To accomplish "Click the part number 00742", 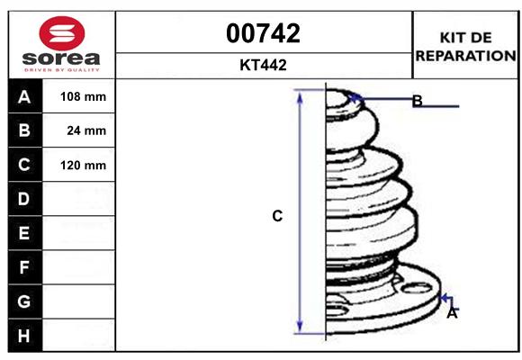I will [264, 33].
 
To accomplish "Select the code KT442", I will [264, 65].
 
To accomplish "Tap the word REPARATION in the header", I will [465, 55].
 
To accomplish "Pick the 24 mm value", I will [86, 130].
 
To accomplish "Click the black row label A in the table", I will [24, 96].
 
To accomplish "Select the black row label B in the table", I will [24, 130].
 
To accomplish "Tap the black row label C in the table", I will [24, 165].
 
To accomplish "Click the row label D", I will [24, 198].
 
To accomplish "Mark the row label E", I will [24, 233].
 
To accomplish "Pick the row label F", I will [24, 267].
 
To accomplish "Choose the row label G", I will [24, 301].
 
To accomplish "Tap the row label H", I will [24, 336].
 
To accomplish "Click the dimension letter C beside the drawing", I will [278, 216].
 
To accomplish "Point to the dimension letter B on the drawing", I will [417, 101].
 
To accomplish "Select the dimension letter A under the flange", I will [452, 313].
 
